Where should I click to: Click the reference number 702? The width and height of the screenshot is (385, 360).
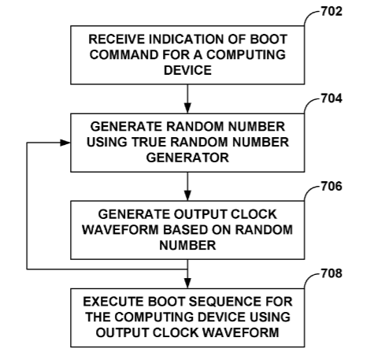click(x=331, y=11)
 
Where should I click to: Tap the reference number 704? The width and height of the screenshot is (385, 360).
click(x=331, y=98)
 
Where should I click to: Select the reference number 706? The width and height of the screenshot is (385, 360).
click(x=331, y=186)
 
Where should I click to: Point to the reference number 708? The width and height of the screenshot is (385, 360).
click(x=331, y=273)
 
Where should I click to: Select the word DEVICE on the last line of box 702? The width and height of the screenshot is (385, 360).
click(x=187, y=70)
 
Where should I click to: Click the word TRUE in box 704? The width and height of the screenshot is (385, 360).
click(x=150, y=142)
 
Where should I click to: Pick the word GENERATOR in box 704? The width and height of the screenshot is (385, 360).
click(x=187, y=158)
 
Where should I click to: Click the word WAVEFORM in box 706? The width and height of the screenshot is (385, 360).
click(x=120, y=230)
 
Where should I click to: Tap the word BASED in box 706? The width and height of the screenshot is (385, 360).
click(x=186, y=230)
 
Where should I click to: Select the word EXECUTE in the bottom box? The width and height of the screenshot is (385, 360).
click(x=113, y=302)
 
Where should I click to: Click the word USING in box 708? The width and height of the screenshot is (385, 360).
click(x=270, y=317)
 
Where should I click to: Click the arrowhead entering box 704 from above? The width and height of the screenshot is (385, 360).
click(x=187, y=108)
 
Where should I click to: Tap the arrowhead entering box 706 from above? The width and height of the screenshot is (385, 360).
click(x=187, y=195)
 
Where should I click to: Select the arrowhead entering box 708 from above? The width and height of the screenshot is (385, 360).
click(x=187, y=283)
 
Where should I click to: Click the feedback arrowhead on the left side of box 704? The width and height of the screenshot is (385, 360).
click(x=65, y=143)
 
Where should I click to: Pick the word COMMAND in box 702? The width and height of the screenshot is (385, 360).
click(x=124, y=55)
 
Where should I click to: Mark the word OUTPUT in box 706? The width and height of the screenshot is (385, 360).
click(x=199, y=214)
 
